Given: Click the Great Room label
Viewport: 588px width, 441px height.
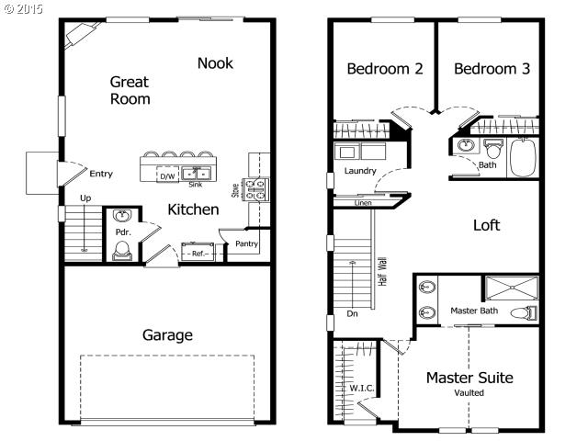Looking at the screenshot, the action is point(130,90).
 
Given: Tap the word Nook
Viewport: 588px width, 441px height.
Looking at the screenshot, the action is point(215,63).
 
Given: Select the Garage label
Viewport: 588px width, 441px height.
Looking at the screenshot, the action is point(167,334).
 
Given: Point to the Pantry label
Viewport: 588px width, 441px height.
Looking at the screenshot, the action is point(246,243).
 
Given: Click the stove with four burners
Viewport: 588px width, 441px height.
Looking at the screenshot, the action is point(255,189).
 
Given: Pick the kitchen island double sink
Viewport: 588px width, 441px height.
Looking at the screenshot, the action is point(196,174).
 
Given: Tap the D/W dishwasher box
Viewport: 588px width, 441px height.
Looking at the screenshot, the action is point(167,175).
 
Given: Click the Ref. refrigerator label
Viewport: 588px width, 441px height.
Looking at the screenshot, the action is point(198,254).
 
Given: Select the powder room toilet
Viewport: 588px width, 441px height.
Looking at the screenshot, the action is point(122,251).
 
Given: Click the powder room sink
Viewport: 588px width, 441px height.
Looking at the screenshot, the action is point(122,216).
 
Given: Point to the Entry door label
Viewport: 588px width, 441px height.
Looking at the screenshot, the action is point(101,174).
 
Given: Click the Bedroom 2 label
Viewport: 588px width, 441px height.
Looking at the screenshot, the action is point(385,69).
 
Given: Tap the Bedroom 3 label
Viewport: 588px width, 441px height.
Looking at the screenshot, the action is point(492,69).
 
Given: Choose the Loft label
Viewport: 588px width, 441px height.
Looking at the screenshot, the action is point(486,225).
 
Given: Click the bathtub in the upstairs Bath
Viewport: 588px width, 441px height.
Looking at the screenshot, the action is point(523,158).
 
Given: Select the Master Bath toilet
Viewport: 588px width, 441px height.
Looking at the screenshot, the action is point(524,312).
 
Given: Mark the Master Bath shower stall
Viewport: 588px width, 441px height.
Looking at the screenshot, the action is point(512,288).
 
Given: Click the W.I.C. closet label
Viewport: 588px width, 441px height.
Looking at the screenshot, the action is point(362,388).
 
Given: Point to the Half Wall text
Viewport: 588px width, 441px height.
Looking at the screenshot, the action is point(382,272).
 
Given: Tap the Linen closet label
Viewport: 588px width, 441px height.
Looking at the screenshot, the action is point(363,203).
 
